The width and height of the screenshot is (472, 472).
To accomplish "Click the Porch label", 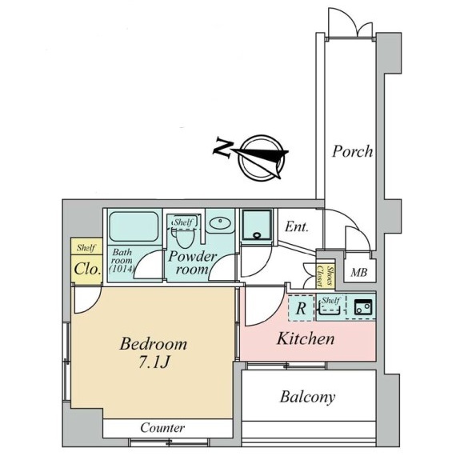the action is click(352, 151).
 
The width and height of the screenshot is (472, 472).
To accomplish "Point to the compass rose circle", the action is click(261, 158).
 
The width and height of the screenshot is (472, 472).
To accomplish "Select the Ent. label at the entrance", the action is click(297, 226).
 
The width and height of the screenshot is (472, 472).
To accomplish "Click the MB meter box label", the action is click(359, 273).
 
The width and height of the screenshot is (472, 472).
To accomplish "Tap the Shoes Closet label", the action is click(325, 276).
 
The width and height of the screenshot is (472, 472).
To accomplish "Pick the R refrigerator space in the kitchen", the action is click(301, 308).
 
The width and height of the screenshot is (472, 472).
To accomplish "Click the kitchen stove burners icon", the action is click(363, 307).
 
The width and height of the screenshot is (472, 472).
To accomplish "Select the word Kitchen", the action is click(306, 338).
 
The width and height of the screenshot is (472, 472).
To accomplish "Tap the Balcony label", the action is click(307, 397).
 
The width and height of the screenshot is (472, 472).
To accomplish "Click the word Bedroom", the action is click(154, 344).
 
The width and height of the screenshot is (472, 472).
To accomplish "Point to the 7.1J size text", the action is click(154, 362).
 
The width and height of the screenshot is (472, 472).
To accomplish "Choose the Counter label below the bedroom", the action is click(162, 428).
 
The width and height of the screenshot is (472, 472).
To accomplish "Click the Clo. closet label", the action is click(87, 269).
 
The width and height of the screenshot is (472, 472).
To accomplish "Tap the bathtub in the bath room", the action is click(134, 226).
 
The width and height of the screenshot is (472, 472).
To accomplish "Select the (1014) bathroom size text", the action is click(122, 268).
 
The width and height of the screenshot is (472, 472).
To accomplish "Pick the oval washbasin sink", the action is click(220, 223).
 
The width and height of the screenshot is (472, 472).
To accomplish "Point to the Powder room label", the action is click(192, 262).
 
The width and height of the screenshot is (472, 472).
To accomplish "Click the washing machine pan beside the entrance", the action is click(257, 225).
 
